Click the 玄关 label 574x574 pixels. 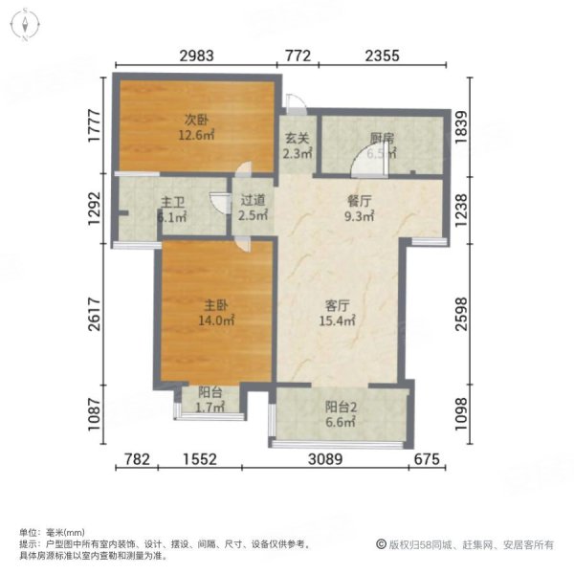pyautogui.click(x=295, y=137)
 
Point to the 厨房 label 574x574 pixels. pyautogui.click(x=382, y=137)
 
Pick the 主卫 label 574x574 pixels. pyautogui.click(x=172, y=203)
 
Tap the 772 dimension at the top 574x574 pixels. pyautogui.click(x=298, y=55)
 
